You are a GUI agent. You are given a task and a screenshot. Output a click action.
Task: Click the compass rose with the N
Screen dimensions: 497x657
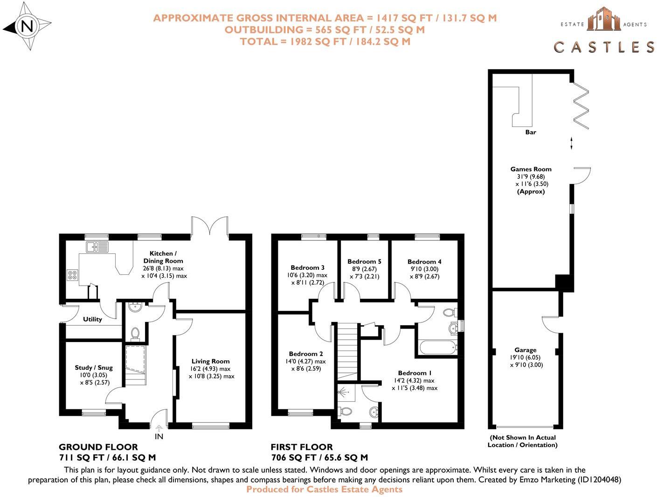tap(27, 27)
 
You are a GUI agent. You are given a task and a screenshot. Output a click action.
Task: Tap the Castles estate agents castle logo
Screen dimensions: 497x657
tap(604, 20)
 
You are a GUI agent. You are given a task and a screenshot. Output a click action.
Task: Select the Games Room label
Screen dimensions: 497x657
tap(531, 169)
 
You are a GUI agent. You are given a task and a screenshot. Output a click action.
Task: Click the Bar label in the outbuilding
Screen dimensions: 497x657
tap(531, 132)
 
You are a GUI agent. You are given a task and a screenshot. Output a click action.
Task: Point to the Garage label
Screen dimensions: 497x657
tap(526, 350)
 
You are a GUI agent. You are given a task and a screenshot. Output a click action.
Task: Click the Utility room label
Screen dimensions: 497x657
tap(92, 319)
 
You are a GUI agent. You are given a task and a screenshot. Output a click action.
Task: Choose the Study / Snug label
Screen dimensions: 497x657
tap(94, 368)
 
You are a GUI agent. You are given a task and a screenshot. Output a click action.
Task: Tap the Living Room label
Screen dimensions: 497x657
tap(210, 361)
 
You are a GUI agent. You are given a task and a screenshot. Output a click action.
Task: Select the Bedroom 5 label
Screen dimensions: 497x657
tap(364, 261)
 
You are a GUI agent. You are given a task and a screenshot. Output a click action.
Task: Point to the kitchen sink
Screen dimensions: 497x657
tap(97, 246)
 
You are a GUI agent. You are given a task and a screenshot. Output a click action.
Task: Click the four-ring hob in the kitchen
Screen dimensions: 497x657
tap(72, 275)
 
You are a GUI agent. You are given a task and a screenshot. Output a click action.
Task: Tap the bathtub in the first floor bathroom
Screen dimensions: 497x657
tap(438, 348)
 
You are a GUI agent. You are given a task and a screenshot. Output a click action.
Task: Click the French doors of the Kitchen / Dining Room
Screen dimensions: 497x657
tap(209, 225)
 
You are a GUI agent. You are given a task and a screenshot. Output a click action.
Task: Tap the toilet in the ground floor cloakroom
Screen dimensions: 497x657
tap(135, 333)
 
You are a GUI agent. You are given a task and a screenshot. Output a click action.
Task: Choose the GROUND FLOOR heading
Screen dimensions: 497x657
tap(98, 447)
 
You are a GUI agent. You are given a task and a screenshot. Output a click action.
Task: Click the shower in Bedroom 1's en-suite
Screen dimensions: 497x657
tap(346, 393)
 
